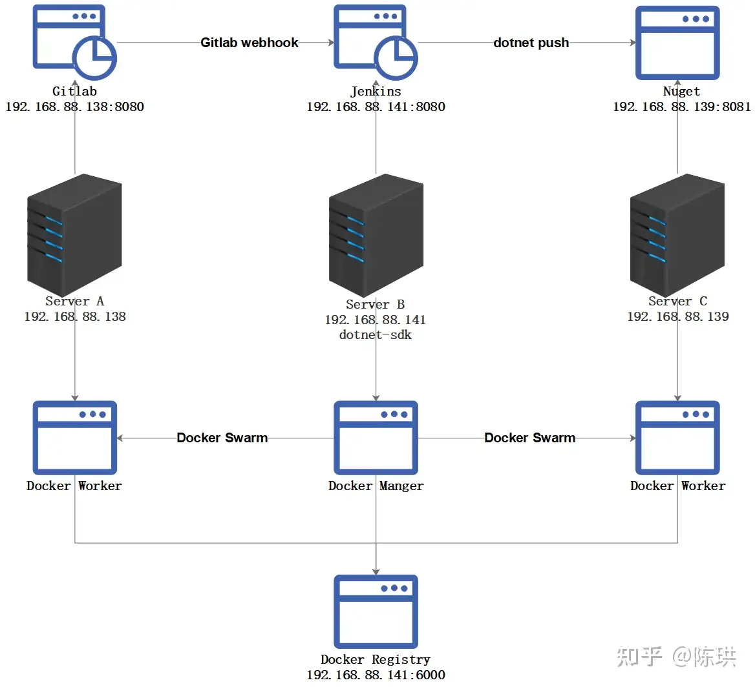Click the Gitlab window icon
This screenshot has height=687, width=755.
pyautogui.click(x=74, y=43)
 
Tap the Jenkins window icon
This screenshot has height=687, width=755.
pyautogui.click(x=376, y=43)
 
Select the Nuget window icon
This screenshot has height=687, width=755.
pyautogui.click(x=677, y=43)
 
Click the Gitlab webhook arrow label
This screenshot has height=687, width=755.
pyautogui.click(x=250, y=43)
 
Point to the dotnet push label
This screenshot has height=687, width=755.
pyautogui.click(x=531, y=43)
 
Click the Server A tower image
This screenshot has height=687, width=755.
pyautogui.click(x=74, y=235)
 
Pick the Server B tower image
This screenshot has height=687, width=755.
pyautogui.click(x=376, y=235)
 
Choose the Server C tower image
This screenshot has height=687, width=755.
pyautogui.click(x=677, y=235)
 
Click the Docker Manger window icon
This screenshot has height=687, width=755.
pyautogui.click(x=376, y=438)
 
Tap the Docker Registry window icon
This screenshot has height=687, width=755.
pyautogui.click(x=376, y=611)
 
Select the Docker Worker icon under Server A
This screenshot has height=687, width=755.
pyautogui.click(x=74, y=438)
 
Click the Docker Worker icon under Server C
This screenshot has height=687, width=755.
pyautogui.click(x=677, y=438)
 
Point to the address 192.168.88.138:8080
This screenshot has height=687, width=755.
pyautogui.click(x=74, y=107)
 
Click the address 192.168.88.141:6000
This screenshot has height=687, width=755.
pyautogui.click(x=376, y=675)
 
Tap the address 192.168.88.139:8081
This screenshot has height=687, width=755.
pyautogui.click(x=682, y=107)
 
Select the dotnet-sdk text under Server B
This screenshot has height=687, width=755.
pyautogui.click(x=376, y=335)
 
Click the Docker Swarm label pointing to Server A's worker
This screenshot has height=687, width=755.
pyautogui.click(x=222, y=438)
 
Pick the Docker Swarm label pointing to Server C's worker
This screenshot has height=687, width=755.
pyautogui.click(x=529, y=438)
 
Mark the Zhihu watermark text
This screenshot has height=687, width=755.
pyautogui.click(x=677, y=657)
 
